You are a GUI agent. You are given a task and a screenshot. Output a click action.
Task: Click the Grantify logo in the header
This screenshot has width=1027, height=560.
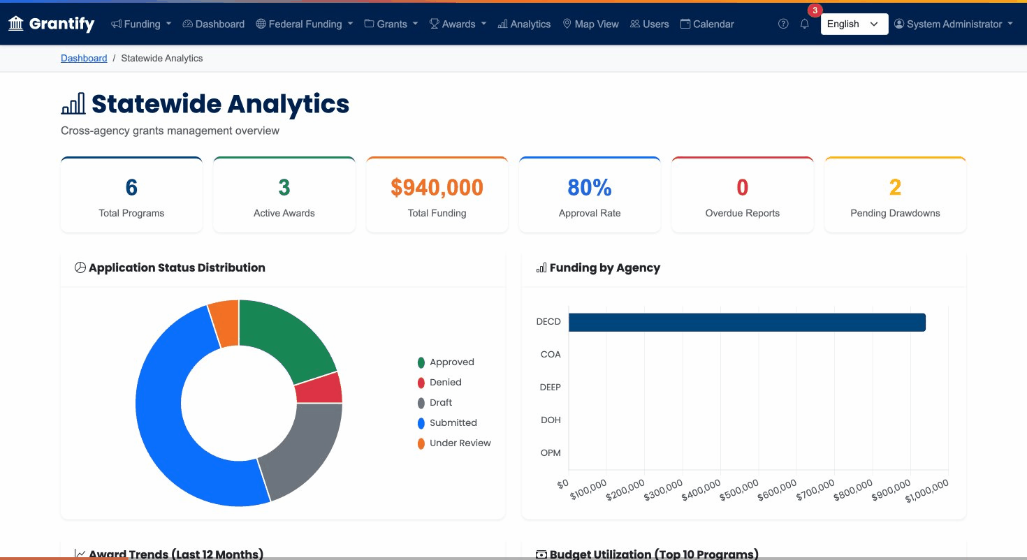(51, 24)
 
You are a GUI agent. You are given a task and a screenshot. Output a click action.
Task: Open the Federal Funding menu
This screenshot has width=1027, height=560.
(304, 24)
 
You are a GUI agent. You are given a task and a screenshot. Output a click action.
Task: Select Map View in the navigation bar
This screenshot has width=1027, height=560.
(590, 24)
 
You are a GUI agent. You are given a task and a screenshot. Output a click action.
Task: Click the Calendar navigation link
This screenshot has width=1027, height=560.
(707, 24)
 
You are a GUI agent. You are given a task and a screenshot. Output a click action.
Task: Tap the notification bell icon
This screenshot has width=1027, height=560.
(804, 24)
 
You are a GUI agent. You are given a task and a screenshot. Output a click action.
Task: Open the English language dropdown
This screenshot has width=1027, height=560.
(854, 24)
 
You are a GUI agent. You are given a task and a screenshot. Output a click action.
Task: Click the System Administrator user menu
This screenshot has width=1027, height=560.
(953, 24)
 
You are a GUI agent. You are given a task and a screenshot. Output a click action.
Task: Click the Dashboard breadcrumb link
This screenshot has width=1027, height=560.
(84, 58)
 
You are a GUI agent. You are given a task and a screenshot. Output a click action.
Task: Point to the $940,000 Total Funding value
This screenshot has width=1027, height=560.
(437, 187)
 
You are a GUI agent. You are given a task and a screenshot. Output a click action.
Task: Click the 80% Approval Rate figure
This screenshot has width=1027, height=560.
(589, 187)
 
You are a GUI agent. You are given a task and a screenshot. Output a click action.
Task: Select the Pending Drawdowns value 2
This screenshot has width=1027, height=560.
(895, 187)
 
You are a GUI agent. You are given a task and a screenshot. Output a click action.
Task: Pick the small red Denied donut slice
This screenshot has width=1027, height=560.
(319, 388)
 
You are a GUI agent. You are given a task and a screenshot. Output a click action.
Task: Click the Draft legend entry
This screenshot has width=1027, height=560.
(440, 402)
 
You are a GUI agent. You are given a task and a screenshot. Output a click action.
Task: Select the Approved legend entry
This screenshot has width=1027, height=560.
(451, 362)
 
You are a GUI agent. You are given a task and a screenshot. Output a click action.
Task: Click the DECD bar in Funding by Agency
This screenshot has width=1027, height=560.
(746, 322)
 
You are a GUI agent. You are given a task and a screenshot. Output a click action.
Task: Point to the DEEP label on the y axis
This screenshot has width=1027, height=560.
(550, 387)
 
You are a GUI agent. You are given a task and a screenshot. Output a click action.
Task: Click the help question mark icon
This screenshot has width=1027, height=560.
(783, 24)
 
